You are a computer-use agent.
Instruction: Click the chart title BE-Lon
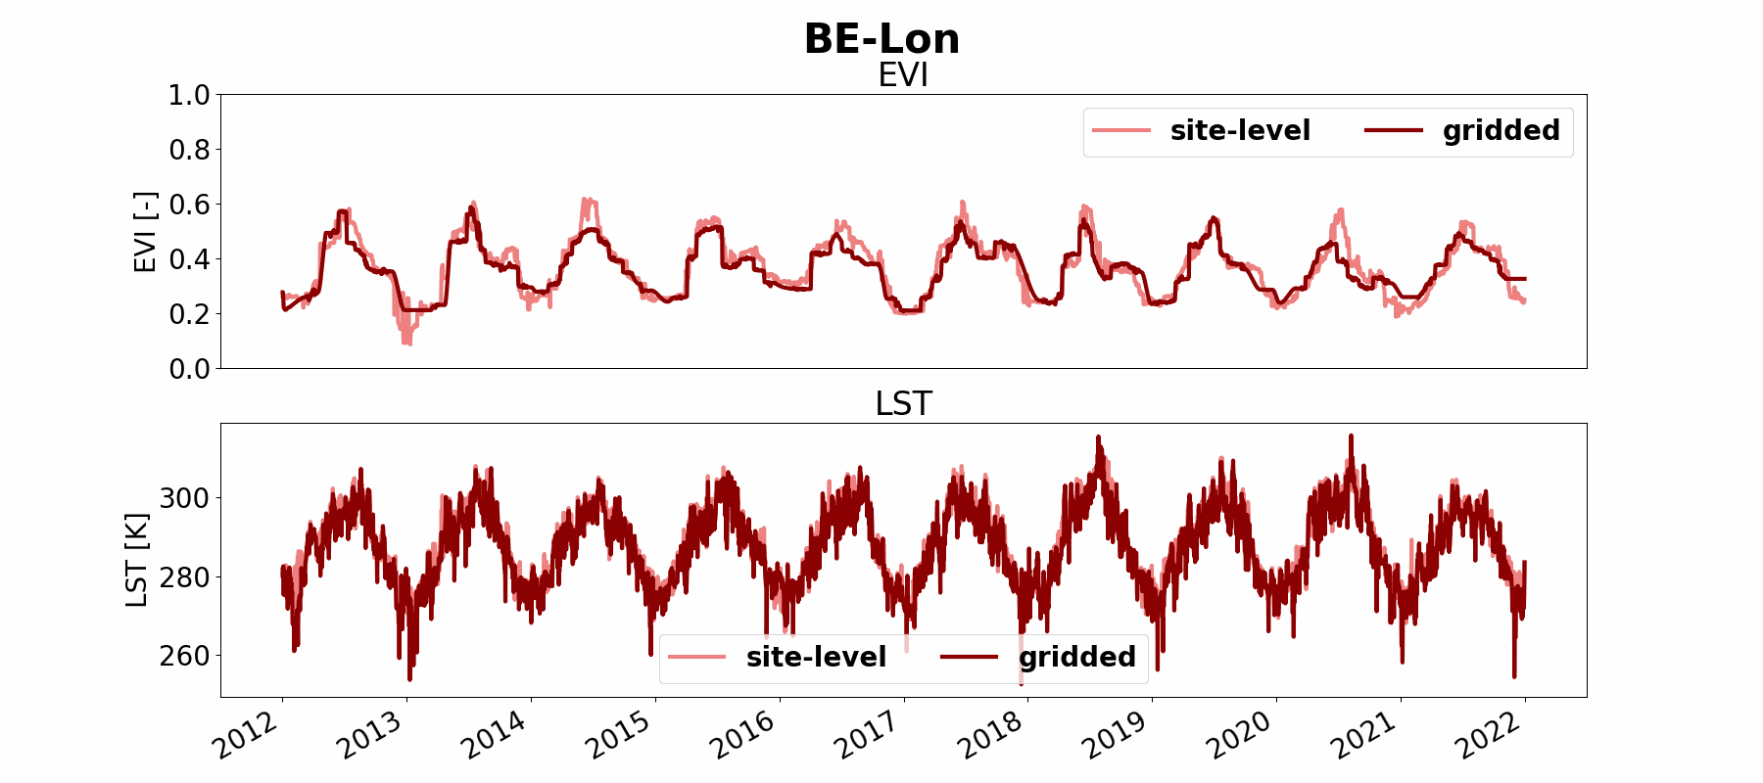[881, 39]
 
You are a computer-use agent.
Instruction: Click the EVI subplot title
[902, 75]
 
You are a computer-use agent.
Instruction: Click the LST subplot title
[902, 403]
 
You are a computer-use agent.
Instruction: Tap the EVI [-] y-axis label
[145, 232]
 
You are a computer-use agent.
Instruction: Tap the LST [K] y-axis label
[137, 560]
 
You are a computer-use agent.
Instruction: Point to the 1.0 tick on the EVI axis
[189, 95]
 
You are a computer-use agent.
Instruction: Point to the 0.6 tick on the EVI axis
[189, 205]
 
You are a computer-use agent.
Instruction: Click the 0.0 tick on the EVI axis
[189, 369]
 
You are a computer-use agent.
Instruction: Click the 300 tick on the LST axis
[184, 498]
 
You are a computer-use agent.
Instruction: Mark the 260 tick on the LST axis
[184, 656]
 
